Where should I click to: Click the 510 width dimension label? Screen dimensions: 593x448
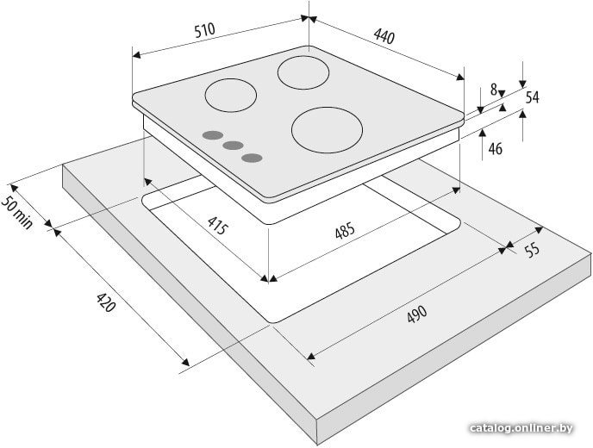pos(204,30)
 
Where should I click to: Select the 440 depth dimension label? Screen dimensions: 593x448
pos(384,36)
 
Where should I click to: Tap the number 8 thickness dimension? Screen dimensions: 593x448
pos(494,90)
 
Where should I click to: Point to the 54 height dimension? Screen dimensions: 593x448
pos(532,97)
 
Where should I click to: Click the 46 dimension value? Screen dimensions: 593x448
pos(495,149)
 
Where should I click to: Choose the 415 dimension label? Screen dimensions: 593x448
pos(218,226)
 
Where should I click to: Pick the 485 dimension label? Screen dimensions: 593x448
pos(345,230)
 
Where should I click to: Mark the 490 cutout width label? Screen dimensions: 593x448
pos(417,314)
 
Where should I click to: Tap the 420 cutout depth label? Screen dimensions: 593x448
pos(105,302)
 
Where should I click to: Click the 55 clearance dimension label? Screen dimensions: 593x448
pos(532,250)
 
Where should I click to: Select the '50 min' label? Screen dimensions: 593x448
pos(17,214)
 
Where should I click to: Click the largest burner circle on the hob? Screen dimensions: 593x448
pos(327,130)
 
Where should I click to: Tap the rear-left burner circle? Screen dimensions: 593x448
pos(231,96)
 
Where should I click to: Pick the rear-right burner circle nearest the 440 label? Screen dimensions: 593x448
pos(303,72)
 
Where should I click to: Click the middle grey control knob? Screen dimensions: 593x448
pos(233,146)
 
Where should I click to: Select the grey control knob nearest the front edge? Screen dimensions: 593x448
pos(253,158)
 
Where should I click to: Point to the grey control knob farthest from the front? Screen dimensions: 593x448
pos(213,135)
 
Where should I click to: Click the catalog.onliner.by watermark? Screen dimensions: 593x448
pos(521,428)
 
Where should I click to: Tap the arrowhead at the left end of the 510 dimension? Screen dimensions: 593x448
pos(136,55)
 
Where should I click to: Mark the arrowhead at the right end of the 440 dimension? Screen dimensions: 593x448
pos(460,78)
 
